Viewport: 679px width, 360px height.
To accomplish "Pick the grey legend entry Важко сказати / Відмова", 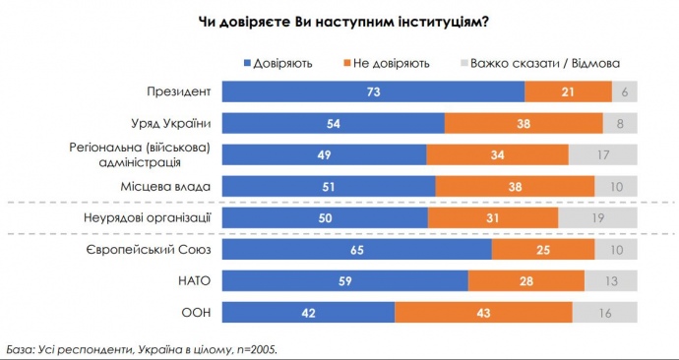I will point(538,63).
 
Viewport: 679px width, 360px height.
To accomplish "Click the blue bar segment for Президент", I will point(373,92).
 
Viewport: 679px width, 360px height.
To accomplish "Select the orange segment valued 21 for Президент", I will point(567,92).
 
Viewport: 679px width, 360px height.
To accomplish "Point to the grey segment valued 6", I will point(624,92).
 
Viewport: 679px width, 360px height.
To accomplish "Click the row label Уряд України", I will point(172,124).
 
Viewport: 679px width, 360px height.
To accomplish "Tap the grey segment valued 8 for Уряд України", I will point(619,124).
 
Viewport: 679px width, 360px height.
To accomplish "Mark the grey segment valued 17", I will point(602,154).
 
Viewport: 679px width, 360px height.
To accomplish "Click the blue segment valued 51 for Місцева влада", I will point(329,186).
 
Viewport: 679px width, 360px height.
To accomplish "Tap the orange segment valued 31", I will point(493,217).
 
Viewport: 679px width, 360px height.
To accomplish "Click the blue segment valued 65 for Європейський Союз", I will point(357,250).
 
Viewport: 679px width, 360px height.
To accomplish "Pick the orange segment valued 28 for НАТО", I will point(525,281).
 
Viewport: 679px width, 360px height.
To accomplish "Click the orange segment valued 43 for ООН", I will point(483,313).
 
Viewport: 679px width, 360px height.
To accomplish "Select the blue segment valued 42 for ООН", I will point(308,313).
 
